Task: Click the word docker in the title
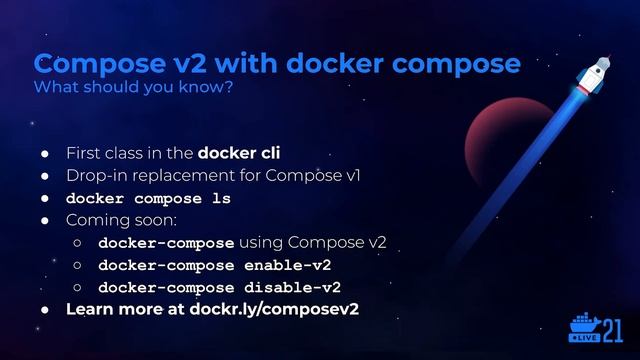coord(340,63)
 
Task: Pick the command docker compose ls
coord(148,198)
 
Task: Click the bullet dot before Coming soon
coord(45,220)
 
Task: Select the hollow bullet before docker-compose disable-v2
coord(77,287)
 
